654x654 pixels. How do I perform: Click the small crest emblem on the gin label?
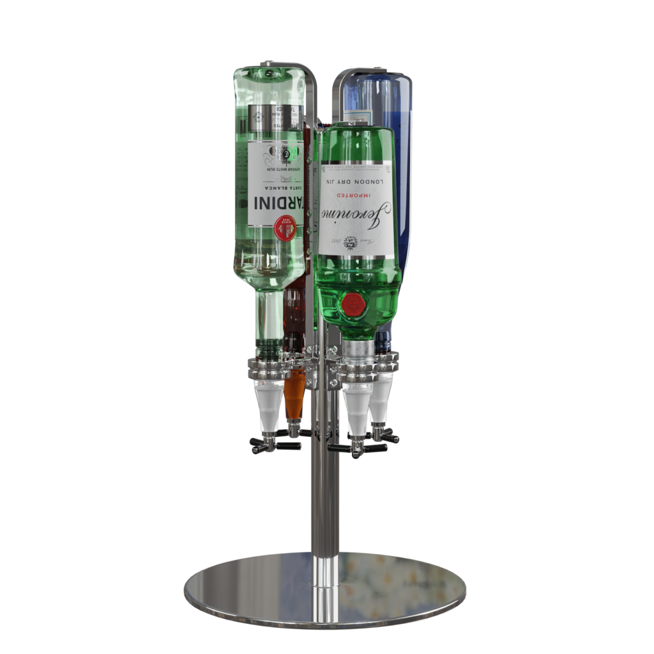pyautogui.click(x=349, y=242)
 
